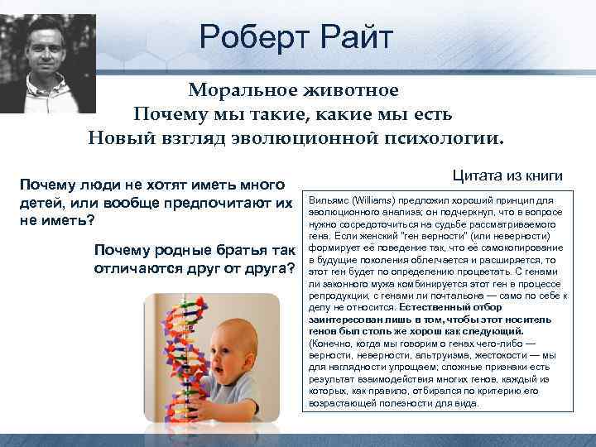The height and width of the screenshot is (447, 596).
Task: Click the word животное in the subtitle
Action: coord(356,89)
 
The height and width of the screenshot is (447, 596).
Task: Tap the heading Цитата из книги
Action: coord(507,175)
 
